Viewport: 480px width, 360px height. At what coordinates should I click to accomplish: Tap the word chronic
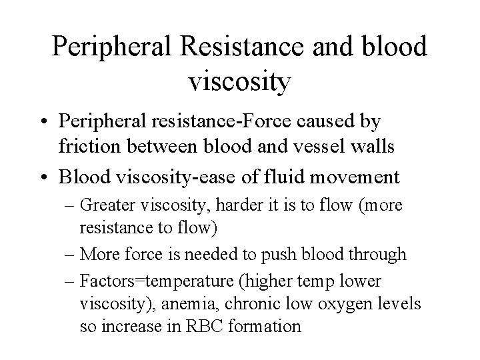257,304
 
